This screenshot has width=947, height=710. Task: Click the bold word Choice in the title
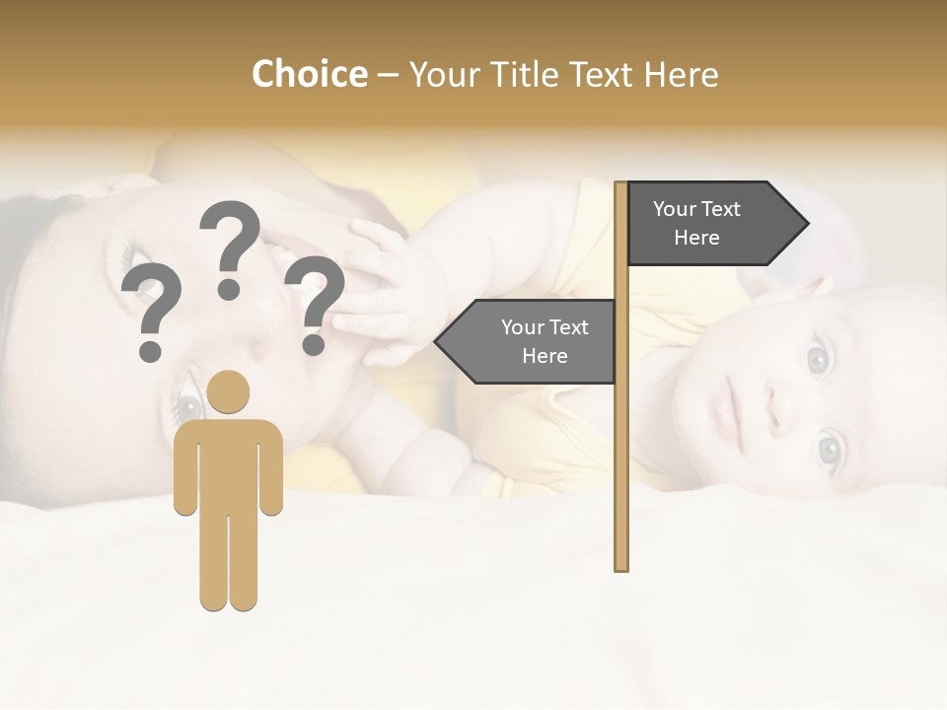[309, 74]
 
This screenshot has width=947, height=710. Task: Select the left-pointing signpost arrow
[528, 341]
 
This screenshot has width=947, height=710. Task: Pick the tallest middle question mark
[230, 247]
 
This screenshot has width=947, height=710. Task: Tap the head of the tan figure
[229, 391]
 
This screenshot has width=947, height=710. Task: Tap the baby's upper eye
[818, 359]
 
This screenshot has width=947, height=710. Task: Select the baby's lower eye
[829, 451]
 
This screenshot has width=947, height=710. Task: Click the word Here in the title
[682, 74]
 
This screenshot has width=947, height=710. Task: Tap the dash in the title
[389, 75]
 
